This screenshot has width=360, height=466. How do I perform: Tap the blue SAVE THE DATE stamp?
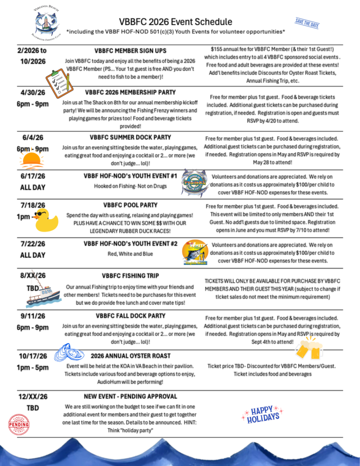point(307,24)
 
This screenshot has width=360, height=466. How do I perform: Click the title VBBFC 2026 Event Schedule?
point(176,22)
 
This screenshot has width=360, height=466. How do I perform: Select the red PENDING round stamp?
point(19,425)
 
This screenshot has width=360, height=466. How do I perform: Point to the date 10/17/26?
point(33,356)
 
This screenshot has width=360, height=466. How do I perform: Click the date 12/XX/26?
point(33,396)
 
